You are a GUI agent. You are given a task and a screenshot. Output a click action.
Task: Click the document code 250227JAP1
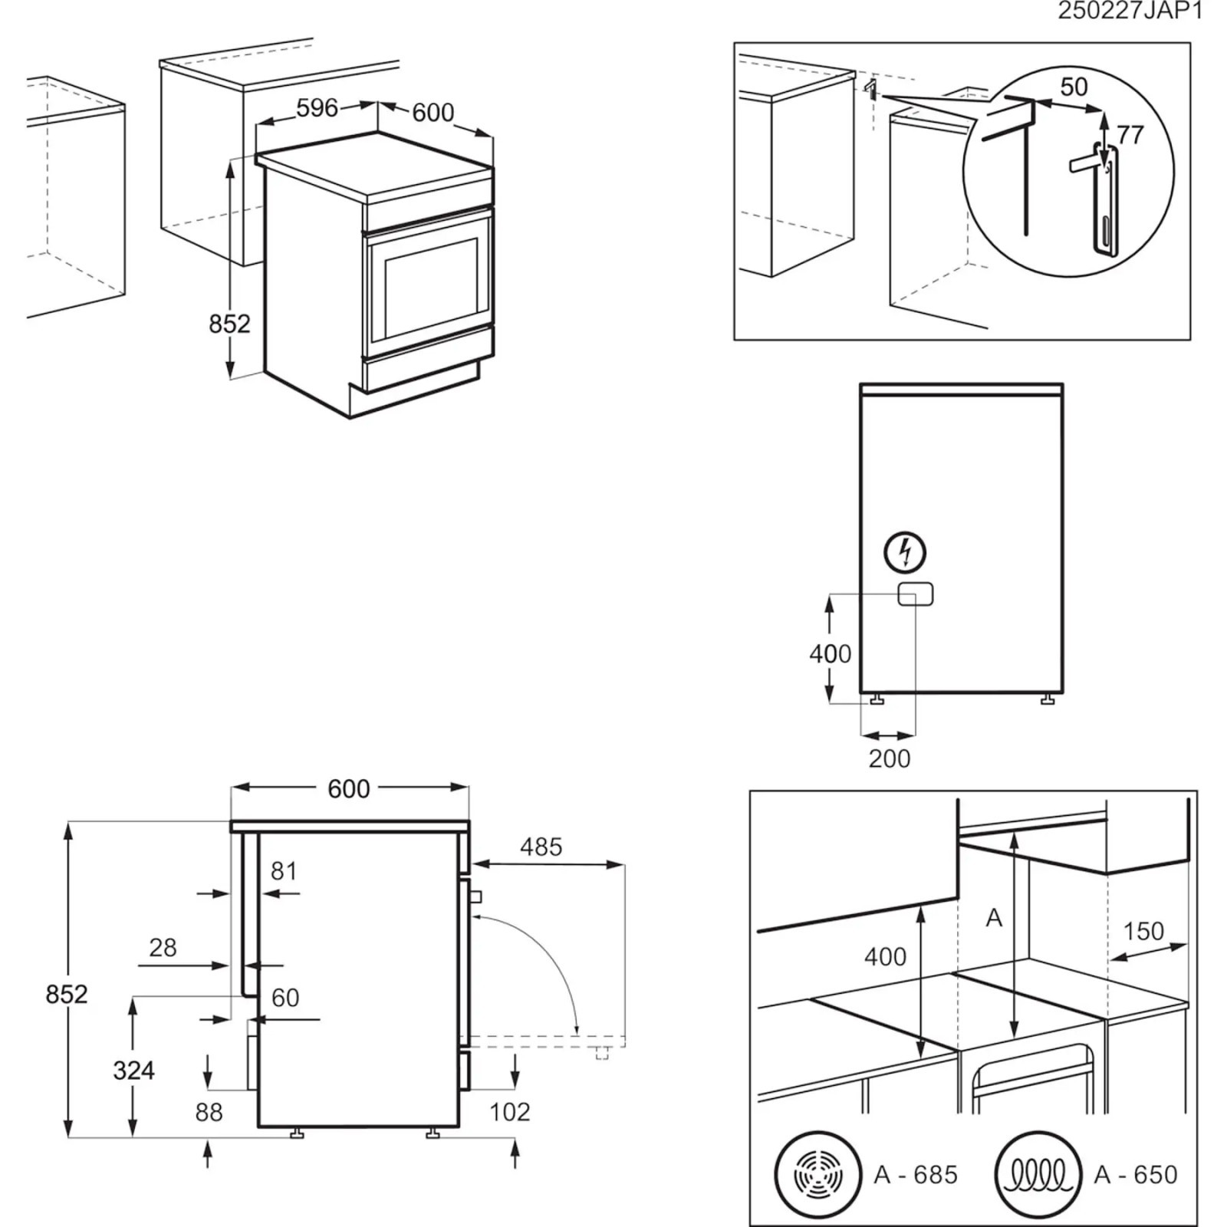pos(1130,11)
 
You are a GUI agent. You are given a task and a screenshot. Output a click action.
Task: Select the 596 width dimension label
pos(317,108)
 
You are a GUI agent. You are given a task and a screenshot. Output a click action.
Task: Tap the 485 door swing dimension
pos(541,847)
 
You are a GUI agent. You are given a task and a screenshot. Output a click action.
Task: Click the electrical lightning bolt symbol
pos(905,552)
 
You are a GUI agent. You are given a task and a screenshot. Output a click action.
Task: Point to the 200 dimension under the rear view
pos(890,758)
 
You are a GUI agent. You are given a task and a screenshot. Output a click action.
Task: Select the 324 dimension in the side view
pos(133,1070)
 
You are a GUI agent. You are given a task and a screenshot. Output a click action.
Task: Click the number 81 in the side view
pos(284,871)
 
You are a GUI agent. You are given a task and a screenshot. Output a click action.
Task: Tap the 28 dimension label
pos(163,948)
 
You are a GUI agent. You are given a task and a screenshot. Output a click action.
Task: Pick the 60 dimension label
pos(285,998)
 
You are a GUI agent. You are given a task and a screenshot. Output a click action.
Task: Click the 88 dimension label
pos(209,1112)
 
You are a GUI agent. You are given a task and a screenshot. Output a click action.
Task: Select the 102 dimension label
pos(509,1112)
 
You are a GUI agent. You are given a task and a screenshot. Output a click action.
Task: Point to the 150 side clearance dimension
pos(1143,931)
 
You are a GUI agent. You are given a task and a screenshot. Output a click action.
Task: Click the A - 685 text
pos(916,1175)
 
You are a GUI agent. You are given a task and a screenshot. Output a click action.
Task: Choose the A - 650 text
pos(1136,1175)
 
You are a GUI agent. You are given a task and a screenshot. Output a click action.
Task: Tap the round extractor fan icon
pos(817,1174)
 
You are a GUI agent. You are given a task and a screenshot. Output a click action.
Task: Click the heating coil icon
pos(1038,1174)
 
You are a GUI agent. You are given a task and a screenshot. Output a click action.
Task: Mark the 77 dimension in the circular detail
pos(1130,135)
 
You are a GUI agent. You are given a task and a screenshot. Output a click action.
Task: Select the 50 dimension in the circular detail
pos(1074,87)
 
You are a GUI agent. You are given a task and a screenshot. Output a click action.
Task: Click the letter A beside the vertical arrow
pos(994,918)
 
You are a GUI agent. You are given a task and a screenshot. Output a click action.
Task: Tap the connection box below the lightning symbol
pos(916,594)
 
